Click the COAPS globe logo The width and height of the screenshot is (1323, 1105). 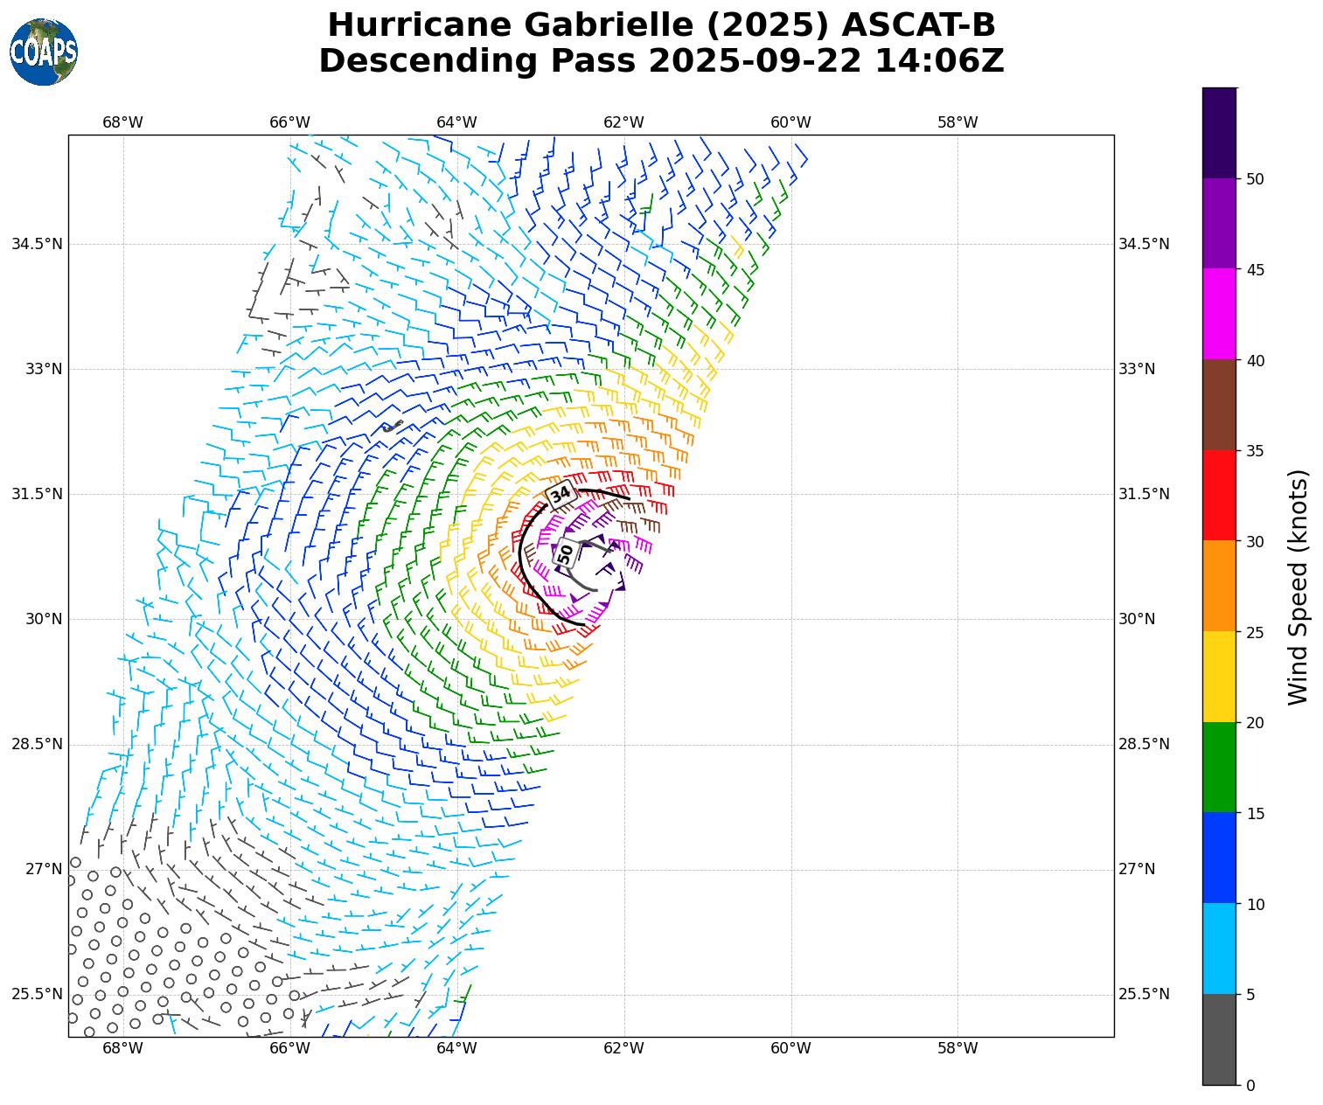pyautogui.click(x=43, y=52)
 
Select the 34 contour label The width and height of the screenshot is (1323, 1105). pyautogui.click(x=561, y=494)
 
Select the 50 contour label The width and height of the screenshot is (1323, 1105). pyautogui.click(x=566, y=553)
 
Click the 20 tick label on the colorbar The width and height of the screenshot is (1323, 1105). pyautogui.click(x=1255, y=723)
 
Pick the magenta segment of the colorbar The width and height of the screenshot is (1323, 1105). pyautogui.click(x=1219, y=314)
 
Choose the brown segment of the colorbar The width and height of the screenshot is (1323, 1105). pyautogui.click(x=1219, y=405)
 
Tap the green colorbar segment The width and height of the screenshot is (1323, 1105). pyautogui.click(x=1219, y=767)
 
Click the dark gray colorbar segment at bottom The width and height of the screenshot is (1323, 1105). pyautogui.click(x=1219, y=1039)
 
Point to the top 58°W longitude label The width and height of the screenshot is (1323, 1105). pyautogui.click(x=957, y=122)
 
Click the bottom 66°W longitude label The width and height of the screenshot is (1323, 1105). pyautogui.click(x=289, y=1048)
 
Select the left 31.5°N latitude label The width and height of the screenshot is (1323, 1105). pyautogui.click(x=37, y=494)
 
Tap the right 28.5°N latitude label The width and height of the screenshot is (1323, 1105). pyautogui.click(x=1144, y=744)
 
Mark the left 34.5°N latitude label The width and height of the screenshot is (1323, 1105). pyautogui.click(x=37, y=244)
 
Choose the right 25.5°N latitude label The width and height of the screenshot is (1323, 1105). pyautogui.click(x=1144, y=994)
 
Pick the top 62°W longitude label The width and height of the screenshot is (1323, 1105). pyautogui.click(x=623, y=122)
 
